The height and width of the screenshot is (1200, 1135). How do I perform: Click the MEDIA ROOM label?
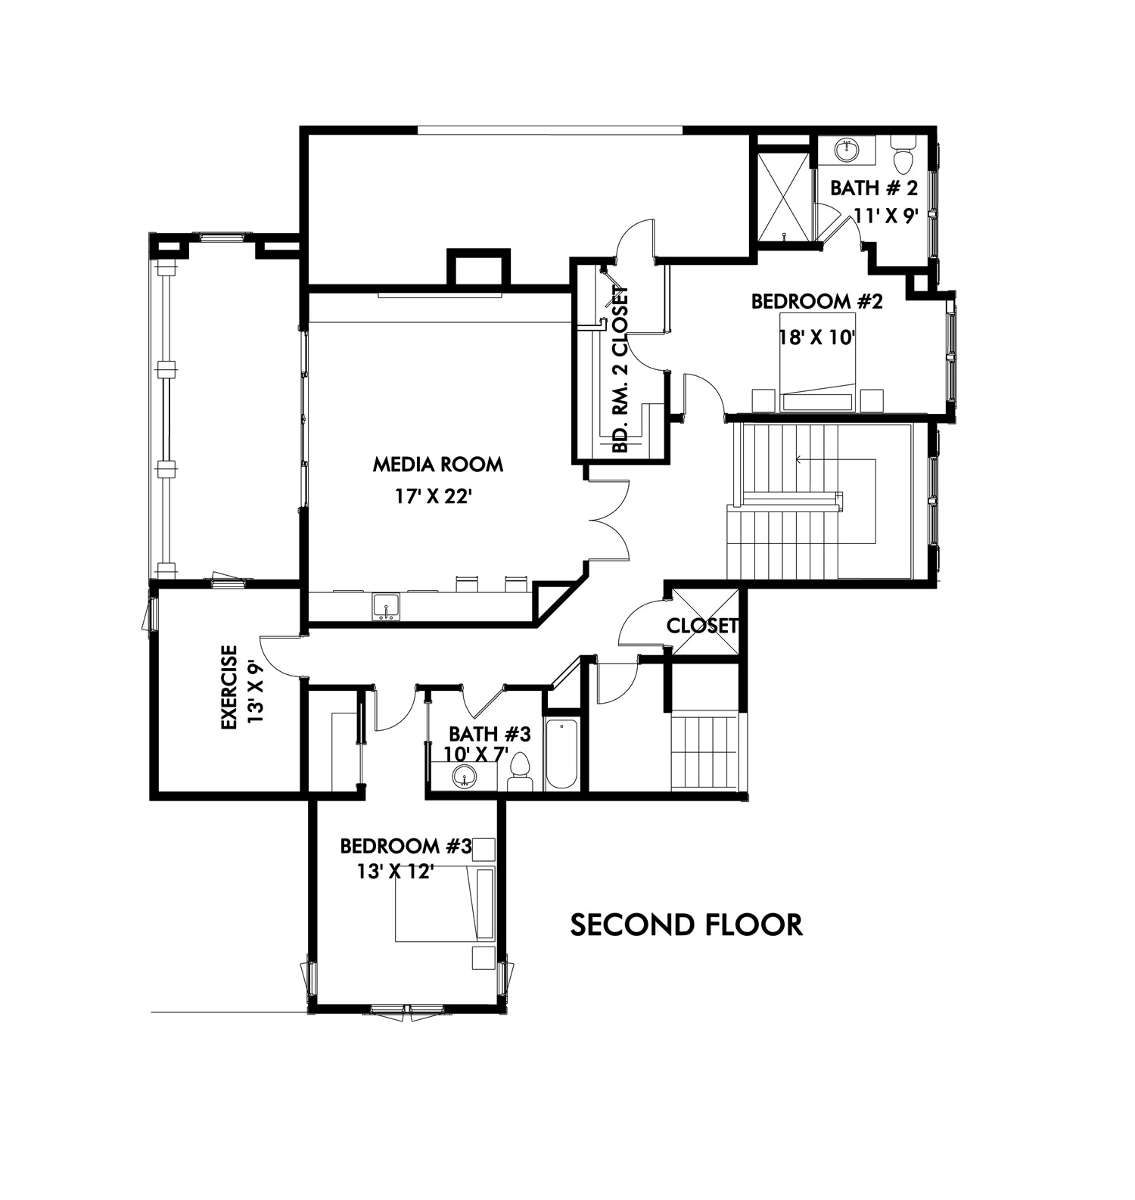point(437,464)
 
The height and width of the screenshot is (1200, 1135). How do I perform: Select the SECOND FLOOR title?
point(686,925)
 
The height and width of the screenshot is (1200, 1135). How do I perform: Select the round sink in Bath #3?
point(464,776)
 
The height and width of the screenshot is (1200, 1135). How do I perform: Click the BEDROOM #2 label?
point(817,301)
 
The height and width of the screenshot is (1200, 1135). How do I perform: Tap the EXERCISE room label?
point(229,687)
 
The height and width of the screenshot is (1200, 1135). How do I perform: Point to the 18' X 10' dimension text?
point(817,337)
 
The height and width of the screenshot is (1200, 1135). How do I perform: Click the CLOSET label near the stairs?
point(702,626)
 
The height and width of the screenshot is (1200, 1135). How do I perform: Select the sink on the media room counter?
point(387,607)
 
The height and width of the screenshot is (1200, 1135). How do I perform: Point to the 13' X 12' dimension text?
point(395,872)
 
